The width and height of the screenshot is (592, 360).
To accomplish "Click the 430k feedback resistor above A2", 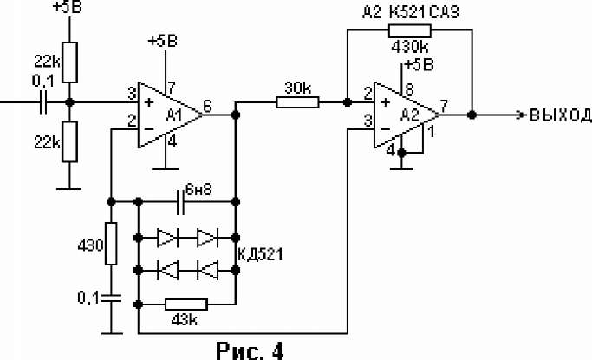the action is point(410,30).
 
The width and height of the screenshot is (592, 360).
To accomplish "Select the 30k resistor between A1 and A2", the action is point(297,102).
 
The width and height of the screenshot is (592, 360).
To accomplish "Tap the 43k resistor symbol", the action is point(186,304).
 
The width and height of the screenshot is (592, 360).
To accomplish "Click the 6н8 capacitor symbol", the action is point(181,202).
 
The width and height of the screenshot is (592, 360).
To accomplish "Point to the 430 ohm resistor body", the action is point(111,244).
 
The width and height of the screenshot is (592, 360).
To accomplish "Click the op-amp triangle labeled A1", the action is point(170,115).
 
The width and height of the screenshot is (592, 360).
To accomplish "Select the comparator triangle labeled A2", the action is point(407,115).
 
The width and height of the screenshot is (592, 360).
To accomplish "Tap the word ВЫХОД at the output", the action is point(561,115).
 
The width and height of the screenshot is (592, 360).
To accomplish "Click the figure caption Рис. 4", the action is point(250,350).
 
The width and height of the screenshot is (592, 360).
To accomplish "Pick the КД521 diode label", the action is point(261,254).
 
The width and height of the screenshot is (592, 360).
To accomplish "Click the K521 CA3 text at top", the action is point(424,12).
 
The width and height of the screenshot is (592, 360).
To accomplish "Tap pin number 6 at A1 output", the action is point(208,107).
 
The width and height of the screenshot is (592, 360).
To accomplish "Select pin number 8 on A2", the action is point(409,89).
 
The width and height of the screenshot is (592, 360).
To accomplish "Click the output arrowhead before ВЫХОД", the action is point(522,115).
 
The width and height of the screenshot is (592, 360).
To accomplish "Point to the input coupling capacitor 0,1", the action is point(43,102).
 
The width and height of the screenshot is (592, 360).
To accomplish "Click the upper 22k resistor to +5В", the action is point(69,62).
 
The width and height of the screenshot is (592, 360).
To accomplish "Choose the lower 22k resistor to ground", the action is point(69,141).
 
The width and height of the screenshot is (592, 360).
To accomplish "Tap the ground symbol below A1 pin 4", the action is point(166,169).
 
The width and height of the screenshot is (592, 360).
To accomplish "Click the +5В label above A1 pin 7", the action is point(163,41).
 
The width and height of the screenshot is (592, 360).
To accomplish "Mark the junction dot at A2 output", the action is point(472,115).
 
